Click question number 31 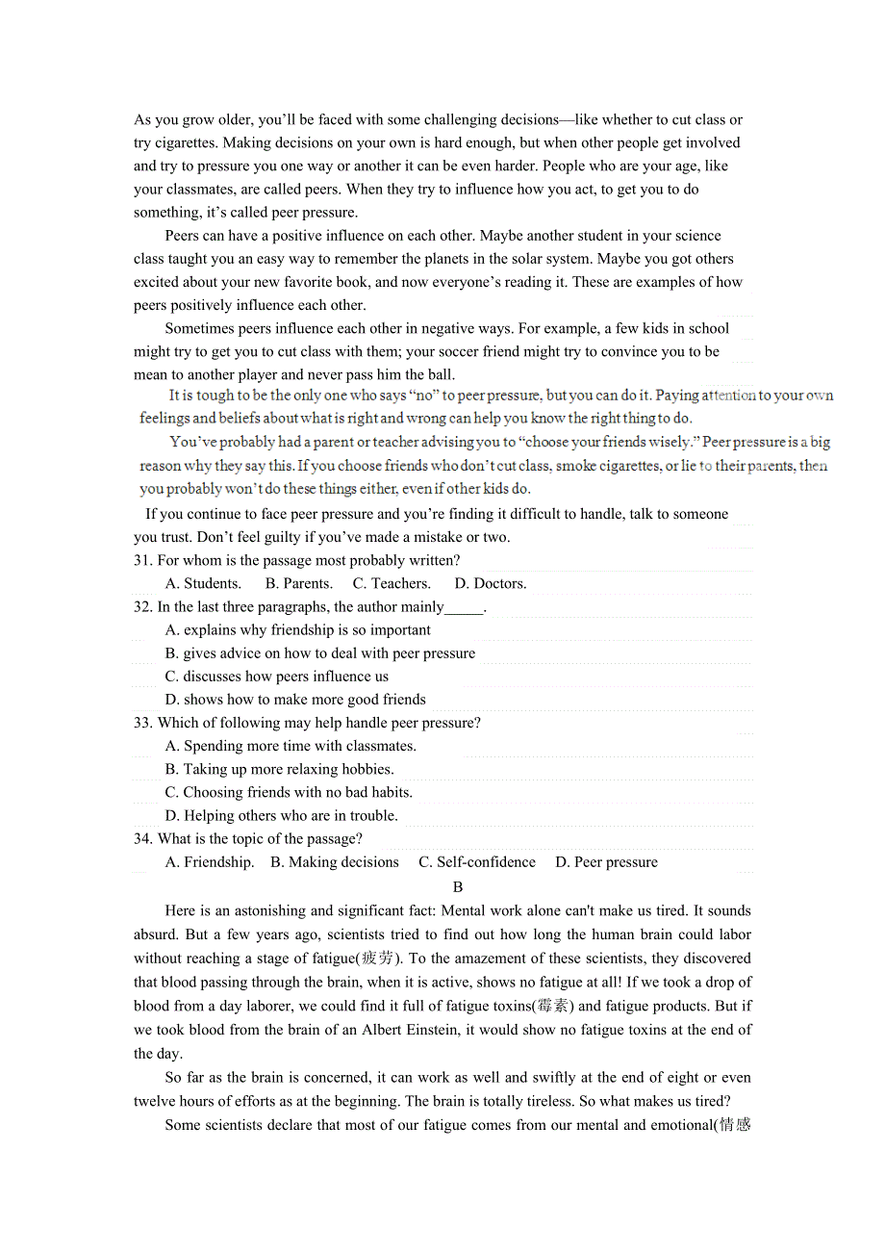click(x=143, y=560)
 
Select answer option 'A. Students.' click(x=203, y=583)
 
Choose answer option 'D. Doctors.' click(x=490, y=583)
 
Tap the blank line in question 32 click(x=464, y=608)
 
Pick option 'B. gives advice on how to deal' click(x=319, y=653)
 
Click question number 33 click(x=143, y=723)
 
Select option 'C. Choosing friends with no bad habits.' click(x=289, y=792)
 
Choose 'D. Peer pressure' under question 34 click(x=606, y=862)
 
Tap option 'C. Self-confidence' click(x=477, y=862)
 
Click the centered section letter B click(x=458, y=887)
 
